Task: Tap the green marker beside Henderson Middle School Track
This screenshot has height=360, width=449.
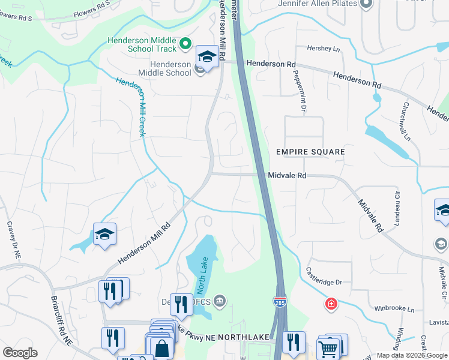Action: pos(185,43)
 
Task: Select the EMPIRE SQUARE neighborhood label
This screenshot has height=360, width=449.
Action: pos(310,152)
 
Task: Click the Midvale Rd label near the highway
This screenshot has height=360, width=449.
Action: pos(287,175)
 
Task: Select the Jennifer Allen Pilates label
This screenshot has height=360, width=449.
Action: pos(318,4)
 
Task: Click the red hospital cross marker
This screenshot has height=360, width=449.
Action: pos(331,305)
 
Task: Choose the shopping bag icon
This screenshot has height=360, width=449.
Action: pos(161,347)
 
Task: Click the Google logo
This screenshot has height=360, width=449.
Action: pos(20,352)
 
